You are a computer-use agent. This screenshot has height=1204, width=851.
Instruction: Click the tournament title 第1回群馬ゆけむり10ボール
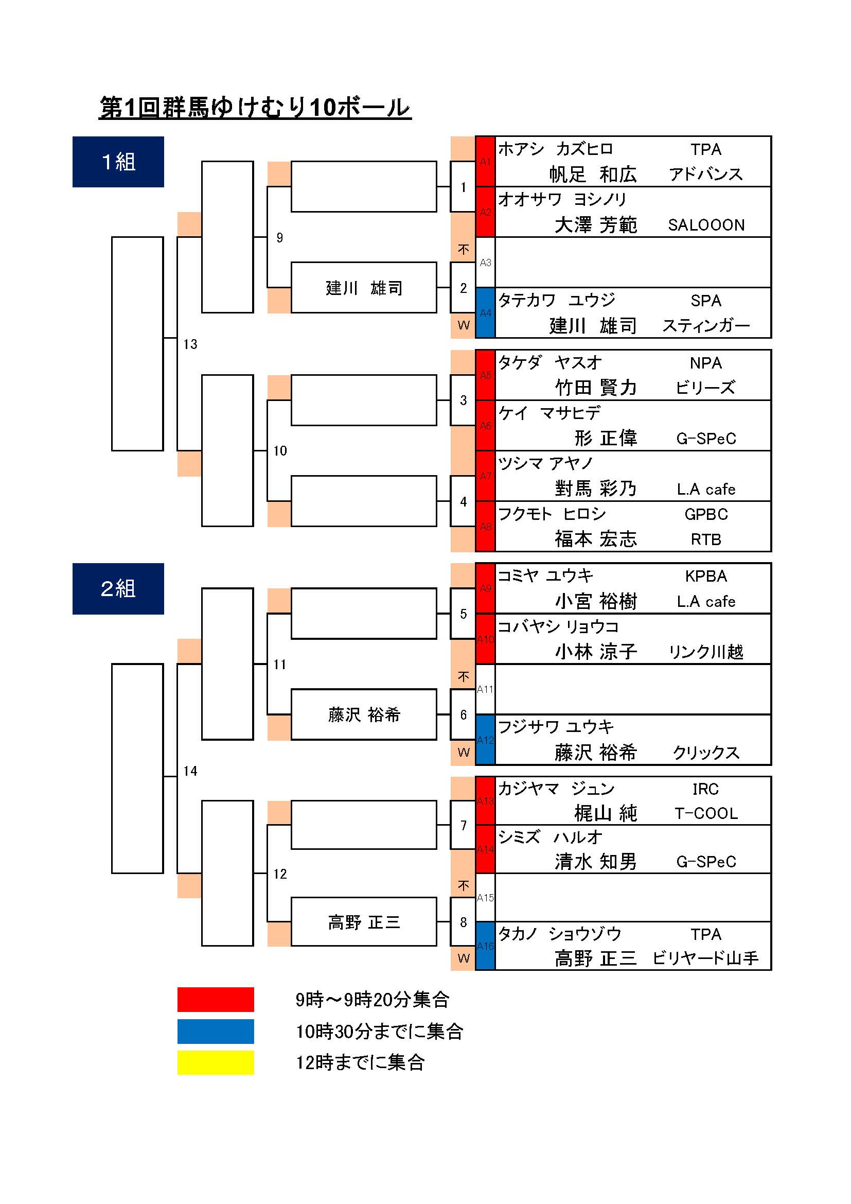point(255,108)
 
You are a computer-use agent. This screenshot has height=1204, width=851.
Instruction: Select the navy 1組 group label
point(118,162)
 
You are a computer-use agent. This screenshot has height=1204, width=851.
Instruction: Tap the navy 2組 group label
point(118,588)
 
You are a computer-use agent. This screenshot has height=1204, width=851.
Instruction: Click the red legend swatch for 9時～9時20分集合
point(216,999)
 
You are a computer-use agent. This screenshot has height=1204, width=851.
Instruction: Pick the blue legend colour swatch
point(216,1031)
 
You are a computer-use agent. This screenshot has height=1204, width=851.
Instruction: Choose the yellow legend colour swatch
point(216,1062)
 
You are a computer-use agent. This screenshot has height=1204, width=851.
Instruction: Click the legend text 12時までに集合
point(360,1062)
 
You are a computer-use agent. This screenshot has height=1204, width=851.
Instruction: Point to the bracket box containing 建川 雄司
point(364,287)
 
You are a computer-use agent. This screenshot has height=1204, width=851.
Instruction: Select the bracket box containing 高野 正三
point(364,922)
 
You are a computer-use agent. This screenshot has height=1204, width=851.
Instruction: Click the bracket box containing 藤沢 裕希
point(364,714)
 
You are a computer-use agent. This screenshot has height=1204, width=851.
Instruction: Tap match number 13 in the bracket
point(190,344)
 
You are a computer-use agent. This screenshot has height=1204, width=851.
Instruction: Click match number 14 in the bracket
point(190,771)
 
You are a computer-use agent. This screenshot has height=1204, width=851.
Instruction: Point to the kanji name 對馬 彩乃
point(596,488)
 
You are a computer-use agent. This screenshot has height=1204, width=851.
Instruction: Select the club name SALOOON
point(706,225)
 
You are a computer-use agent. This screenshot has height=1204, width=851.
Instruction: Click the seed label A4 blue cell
point(485,313)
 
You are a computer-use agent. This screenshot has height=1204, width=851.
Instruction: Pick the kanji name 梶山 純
point(605,813)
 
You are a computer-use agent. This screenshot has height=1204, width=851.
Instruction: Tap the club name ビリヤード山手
point(705,958)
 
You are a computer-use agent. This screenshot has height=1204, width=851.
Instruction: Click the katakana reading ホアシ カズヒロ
point(555,149)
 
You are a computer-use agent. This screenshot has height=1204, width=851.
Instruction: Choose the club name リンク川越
point(706,652)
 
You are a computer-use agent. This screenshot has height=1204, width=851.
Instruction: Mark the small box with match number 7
point(463,825)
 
